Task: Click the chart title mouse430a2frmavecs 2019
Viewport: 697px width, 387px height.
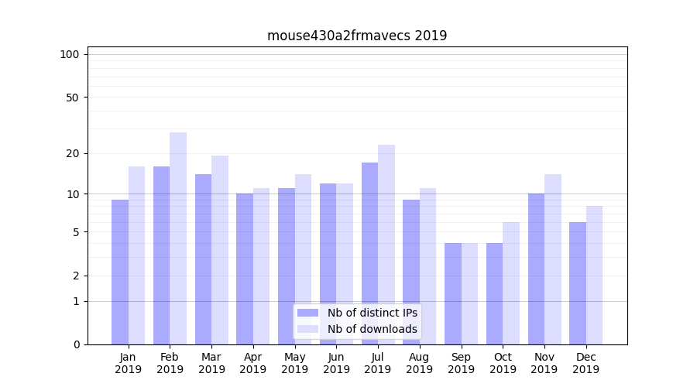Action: pyautogui.click(x=357, y=36)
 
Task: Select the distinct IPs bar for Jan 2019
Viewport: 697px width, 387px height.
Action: pyautogui.click(x=120, y=272)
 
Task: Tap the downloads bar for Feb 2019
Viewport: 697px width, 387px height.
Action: pyautogui.click(x=178, y=238)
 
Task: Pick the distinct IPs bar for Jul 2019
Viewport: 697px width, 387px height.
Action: pyautogui.click(x=370, y=253)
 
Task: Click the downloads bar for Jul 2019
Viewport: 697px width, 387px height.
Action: pyautogui.click(x=386, y=245)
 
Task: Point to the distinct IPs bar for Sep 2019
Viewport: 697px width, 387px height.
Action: pyautogui.click(x=453, y=293)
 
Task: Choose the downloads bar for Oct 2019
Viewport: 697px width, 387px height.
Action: pyautogui.click(x=511, y=283)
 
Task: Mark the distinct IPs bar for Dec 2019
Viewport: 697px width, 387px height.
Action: pyautogui.click(x=578, y=283)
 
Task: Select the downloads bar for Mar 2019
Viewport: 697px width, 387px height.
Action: pyautogui.click(x=220, y=250)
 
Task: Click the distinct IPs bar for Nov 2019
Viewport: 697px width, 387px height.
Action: pyautogui.click(x=536, y=269)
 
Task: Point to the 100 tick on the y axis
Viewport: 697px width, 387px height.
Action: pyautogui.click(x=70, y=54)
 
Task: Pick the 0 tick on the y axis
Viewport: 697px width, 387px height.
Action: pyautogui.click(x=76, y=344)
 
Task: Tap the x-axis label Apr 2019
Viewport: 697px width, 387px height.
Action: pyautogui.click(x=253, y=363)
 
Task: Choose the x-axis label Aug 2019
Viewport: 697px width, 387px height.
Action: pyautogui.click(x=420, y=363)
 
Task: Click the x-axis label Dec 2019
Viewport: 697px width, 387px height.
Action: pyautogui.click(x=586, y=363)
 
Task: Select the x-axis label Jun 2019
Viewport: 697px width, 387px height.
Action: pyautogui.click(x=336, y=363)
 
